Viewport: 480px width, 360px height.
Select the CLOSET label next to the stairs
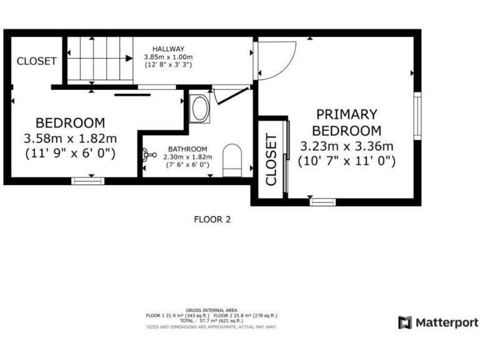pos(36,61)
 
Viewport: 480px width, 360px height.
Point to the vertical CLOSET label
pos(271,159)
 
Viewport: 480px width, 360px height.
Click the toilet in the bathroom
pos(232,158)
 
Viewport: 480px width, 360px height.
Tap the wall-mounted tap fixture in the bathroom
pos(147,154)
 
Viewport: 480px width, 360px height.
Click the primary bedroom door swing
pos(275,59)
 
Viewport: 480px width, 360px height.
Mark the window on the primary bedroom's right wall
pos(416,116)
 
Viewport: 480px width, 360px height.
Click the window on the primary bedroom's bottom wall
pos(322,201)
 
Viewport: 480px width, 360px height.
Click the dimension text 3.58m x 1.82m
pos(70,137)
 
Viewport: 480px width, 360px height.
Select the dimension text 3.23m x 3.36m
pos(347,146)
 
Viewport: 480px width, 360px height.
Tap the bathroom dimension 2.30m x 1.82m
pos(187,157)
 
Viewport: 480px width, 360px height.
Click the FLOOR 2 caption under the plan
pos(212,219)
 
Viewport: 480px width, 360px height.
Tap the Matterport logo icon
pos(406,322)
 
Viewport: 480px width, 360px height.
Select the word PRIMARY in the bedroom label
pos(347,114)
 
